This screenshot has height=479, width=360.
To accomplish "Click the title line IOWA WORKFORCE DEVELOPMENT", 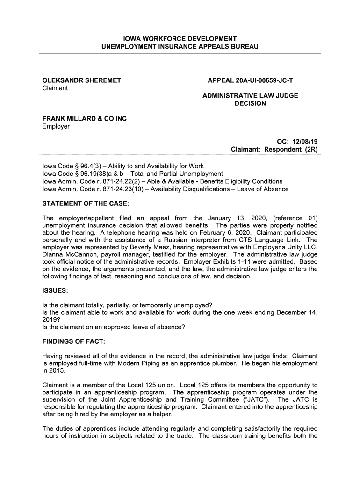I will (180, 38).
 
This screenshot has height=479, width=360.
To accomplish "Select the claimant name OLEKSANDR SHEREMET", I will (82, 80).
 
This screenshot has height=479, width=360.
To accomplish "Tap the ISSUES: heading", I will (56, 291).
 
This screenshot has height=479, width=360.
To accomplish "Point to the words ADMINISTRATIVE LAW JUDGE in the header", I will (250, 95).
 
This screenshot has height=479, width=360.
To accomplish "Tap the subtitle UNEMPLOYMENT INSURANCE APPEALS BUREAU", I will (180, 47).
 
